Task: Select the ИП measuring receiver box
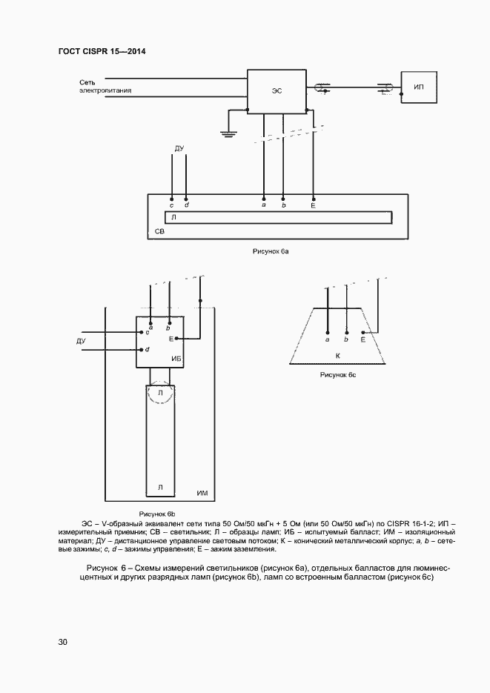coord(418,87)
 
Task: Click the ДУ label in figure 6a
coord(179,149)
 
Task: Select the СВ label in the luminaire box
coord(159,232)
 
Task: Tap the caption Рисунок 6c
coord(338,375)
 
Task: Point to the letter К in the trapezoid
coord(337,357)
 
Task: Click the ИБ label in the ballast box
coord(176,359)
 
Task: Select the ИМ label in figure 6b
coord(201,493)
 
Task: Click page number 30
coord(63,642)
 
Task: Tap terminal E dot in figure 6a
coord(313,198)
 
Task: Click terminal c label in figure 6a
coord(171,205)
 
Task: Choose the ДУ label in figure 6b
coord(81,341)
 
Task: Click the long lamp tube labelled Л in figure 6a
coord(278,218)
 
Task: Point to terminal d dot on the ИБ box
coord(142,349)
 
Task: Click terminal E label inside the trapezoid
coord(362,339)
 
